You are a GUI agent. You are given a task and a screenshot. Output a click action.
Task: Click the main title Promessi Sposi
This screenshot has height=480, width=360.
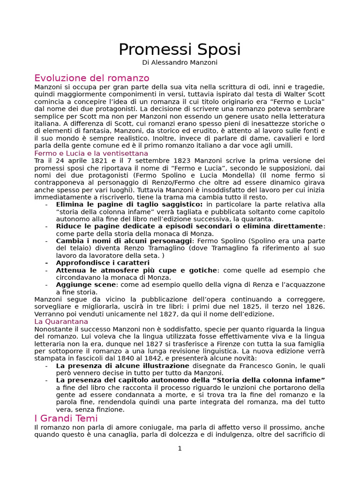(180, 49)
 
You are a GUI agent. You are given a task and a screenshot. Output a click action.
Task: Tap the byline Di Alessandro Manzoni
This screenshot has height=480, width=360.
(180, 63)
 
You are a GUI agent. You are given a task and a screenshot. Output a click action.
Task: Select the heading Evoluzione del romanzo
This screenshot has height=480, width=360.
(92, 78)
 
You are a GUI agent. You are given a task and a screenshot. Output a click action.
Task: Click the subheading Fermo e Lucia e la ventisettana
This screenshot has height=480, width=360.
(91, 153)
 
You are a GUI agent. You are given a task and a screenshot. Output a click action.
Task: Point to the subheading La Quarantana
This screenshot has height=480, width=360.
(61, 322)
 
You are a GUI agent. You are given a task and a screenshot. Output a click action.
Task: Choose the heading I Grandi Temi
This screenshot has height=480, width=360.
(66, 418)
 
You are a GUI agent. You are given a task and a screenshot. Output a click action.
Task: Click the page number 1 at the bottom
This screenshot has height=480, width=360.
(180, 449)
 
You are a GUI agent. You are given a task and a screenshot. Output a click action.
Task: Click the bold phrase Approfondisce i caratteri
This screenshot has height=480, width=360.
(103, 263)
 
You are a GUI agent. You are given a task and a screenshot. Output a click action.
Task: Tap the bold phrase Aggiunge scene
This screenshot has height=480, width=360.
(86, 285)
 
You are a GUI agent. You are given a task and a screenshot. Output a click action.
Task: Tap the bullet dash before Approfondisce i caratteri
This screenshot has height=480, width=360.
(46, 263)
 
